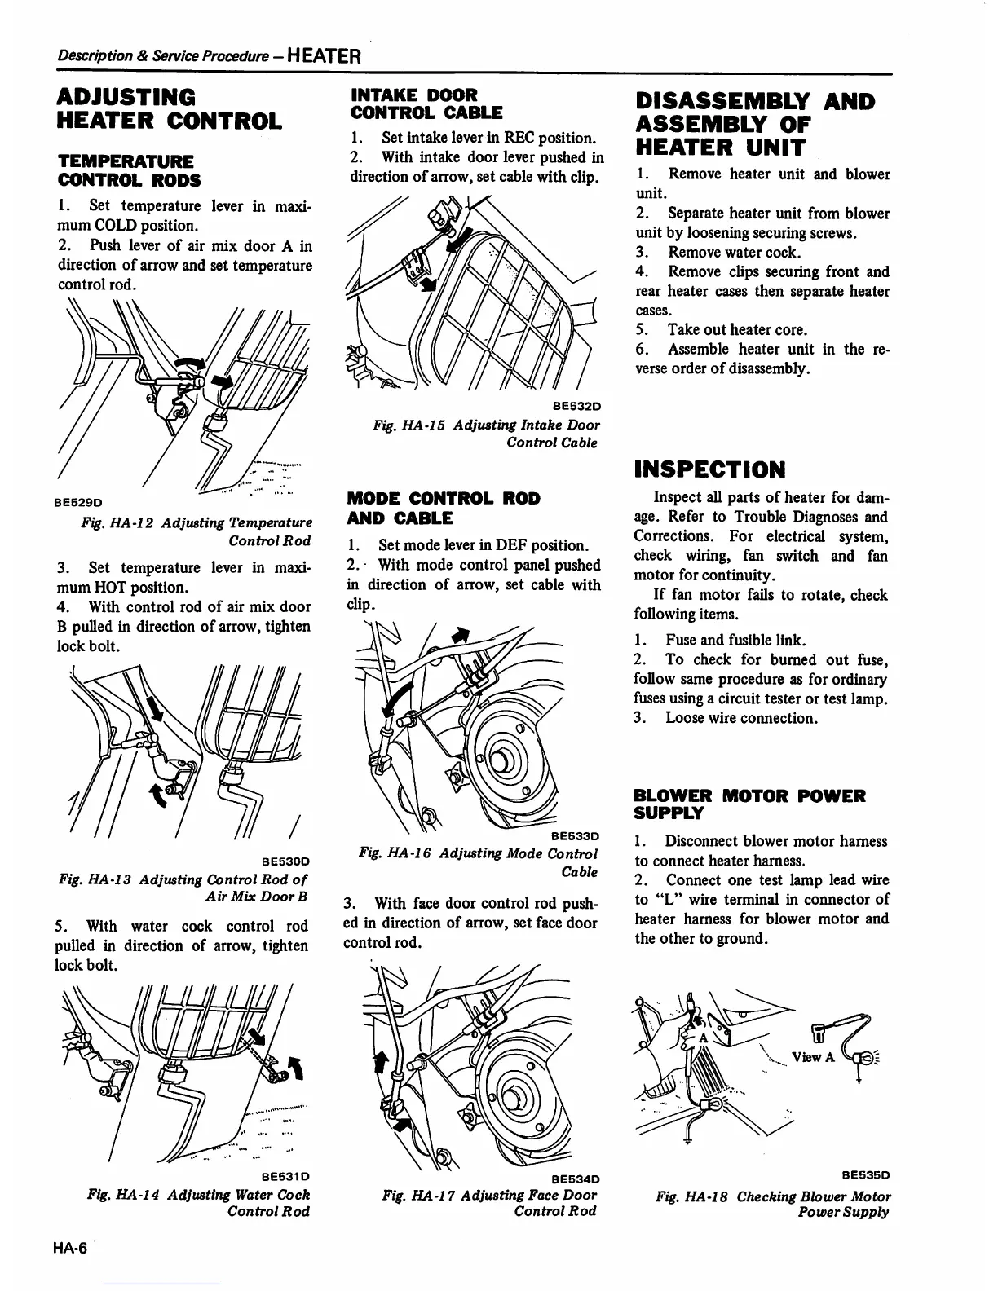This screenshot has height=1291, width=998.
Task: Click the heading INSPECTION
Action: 709,470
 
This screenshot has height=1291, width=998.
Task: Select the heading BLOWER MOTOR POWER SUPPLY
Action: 749,804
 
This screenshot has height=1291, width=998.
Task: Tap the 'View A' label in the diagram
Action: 812,1057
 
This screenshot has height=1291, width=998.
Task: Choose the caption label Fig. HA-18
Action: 692,1196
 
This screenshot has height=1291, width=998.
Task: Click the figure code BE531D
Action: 285,1176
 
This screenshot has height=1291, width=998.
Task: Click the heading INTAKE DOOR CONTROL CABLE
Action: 426,104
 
